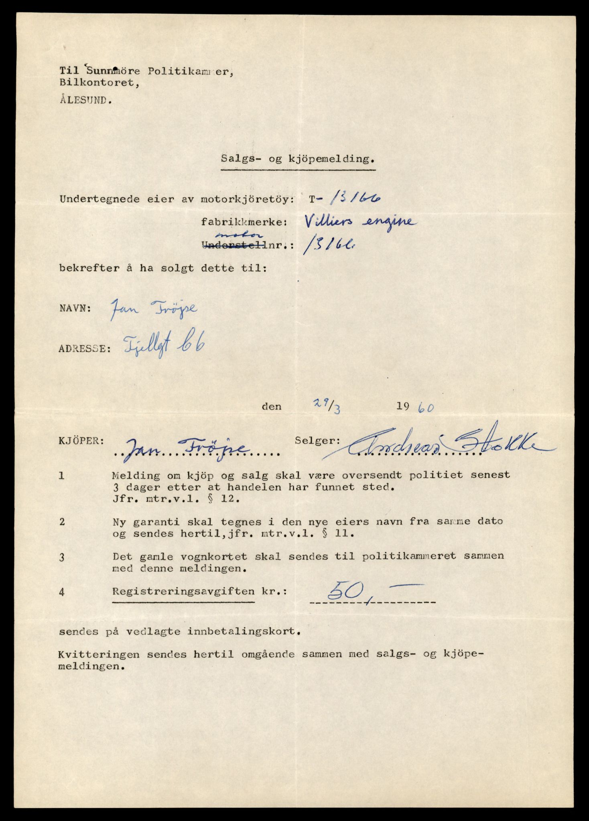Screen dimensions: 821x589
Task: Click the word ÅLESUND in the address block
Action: (x=85, y=101)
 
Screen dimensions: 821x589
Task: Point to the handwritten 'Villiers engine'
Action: (x=359, y=222)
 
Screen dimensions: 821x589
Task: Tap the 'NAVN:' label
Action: (x=75, y=309)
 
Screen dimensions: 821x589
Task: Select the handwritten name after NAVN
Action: (x=153, y=310)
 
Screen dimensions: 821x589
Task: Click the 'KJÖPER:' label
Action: (x=81, y=441)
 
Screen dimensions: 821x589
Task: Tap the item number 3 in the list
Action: (x=61, y=557)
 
